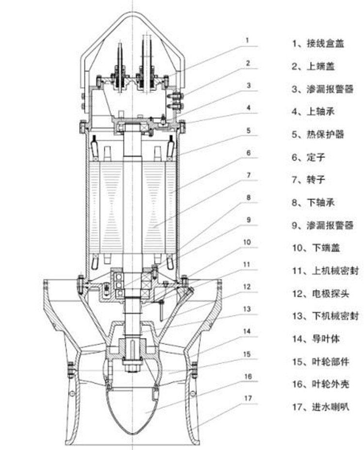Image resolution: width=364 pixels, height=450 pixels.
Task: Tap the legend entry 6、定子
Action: pyautogui.click(x=311, y=157)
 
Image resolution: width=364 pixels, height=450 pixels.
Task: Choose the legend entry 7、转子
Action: pyautogui.click(x=311, y=180)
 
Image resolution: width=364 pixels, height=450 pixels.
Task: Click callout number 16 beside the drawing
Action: pyautogui.click(x=247, y=376)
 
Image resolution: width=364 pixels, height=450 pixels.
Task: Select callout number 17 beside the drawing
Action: pyautogui.click(x=247, y=399)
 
